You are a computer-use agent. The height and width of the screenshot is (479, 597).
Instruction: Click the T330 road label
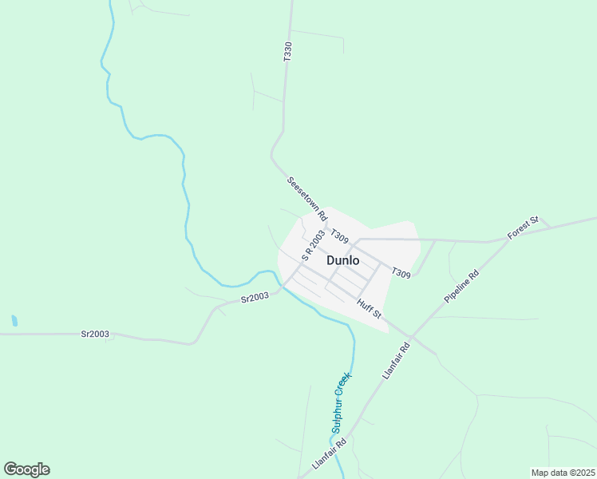tap(287, 52)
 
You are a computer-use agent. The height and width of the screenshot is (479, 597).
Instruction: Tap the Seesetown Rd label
tap(307, 199)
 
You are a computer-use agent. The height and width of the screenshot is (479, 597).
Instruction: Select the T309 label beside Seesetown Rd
tap(339, 237)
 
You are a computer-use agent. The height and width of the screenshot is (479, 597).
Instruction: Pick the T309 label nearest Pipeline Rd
tap(401, 274)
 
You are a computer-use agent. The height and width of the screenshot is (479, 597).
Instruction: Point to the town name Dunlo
tap(342, 260)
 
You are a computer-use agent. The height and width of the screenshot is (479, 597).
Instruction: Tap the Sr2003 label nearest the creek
tap(255, 298)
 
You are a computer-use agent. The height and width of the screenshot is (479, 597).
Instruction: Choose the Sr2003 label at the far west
tap(95, 334)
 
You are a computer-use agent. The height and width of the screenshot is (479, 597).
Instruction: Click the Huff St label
tap(370, 307)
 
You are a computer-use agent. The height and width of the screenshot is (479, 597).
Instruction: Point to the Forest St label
tap(524, 228)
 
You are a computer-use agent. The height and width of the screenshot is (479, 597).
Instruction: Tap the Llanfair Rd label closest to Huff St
tap(396, 359)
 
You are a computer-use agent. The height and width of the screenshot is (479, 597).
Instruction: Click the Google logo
tap(26, 469)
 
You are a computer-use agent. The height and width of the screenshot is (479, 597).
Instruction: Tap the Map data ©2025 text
tap(563, 473)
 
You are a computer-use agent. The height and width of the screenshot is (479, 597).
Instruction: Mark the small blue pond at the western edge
tap(14, 321)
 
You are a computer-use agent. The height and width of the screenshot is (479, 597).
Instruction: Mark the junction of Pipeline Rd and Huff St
tap(409, 334)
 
